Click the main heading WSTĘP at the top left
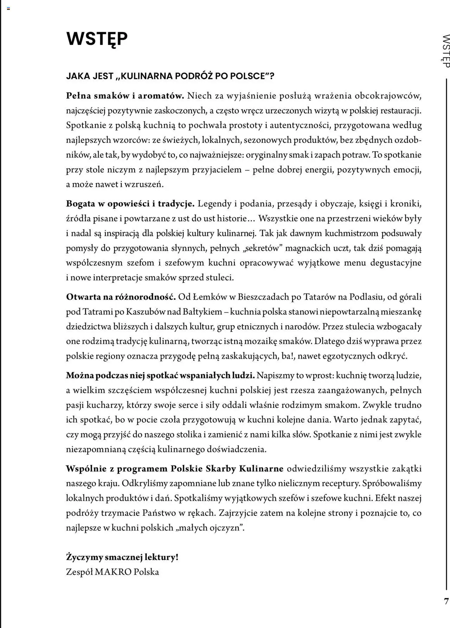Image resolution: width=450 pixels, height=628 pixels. (x=97, y=39)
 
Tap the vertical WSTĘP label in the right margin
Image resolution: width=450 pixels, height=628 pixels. (x=445, y=51)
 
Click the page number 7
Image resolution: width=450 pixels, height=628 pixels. (x=446, y=601)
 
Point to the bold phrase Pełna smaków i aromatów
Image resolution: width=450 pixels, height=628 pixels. (x=125, y=96)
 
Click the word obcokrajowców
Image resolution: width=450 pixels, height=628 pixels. (x=388, y=96)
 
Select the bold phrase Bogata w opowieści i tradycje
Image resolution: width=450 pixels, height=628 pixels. (x=130, y=204)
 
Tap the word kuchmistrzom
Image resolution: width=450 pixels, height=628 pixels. (x=352, y=233)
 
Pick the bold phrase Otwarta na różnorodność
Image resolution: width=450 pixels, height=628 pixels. (x=121, y=297)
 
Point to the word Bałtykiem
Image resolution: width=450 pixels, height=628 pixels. (x=204, y=312)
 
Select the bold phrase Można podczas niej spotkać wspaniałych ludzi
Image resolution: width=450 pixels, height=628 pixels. (x=160, y=375)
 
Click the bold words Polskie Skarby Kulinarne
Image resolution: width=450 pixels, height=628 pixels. (x=227, y=468)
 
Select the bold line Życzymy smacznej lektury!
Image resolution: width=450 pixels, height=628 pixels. (x=122, y=557)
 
